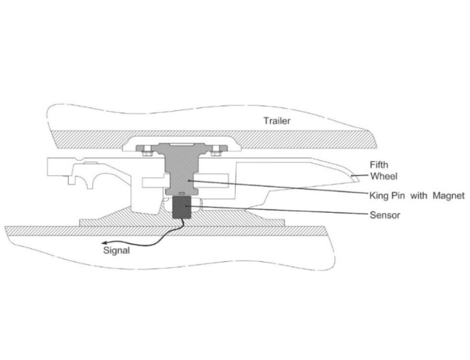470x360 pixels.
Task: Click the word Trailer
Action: click(277, 121)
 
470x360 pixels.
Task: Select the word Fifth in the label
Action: click(379, 165)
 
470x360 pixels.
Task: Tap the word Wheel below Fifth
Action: click(383, 176)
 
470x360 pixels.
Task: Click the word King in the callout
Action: click(378, 196)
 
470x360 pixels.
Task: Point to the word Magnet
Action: click(448, 196)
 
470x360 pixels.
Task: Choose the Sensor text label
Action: click(385, 215)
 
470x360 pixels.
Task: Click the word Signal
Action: click(116, 250)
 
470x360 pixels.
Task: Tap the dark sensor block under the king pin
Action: click(181, 208)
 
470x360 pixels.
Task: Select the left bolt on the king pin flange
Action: click(147, 150)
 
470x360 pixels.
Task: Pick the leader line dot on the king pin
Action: click(189, 181)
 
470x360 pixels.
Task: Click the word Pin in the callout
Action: click(399, 196)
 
